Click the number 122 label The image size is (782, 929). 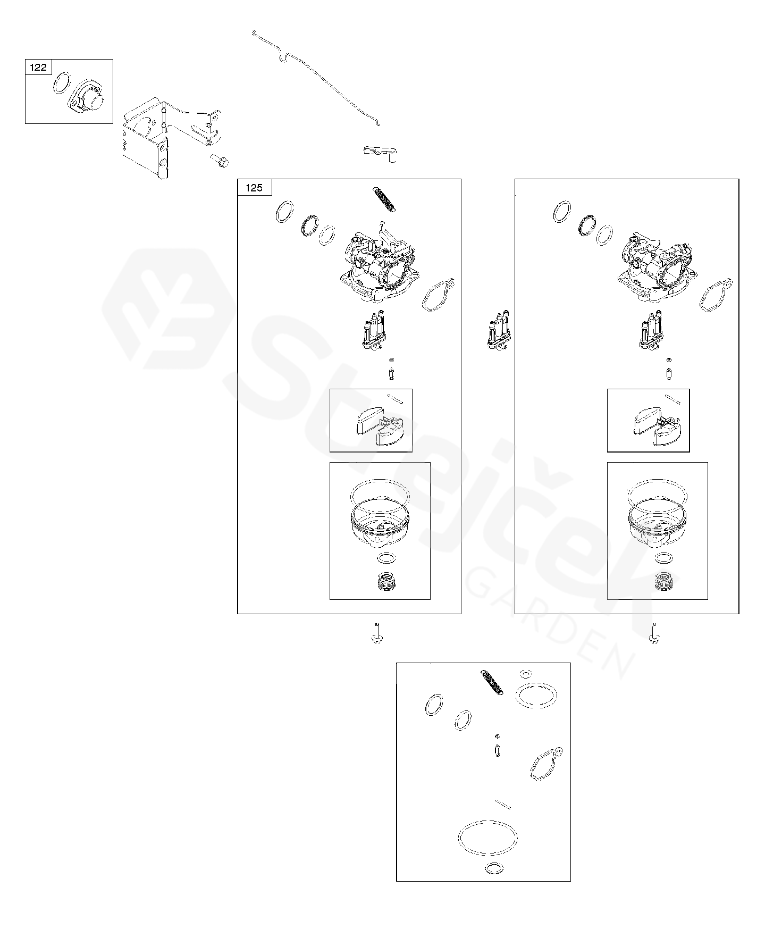(38, 68)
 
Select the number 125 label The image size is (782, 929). (254, 188)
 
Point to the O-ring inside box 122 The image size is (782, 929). (62, 84)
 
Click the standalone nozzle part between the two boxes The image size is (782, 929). (498, 332)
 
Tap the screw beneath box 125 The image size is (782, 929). (377, 633)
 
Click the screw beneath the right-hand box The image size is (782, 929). (654, 633)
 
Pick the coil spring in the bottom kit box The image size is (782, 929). (492, 682)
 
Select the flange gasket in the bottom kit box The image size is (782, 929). (546, 764)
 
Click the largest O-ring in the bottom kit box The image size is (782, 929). (487, 838)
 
